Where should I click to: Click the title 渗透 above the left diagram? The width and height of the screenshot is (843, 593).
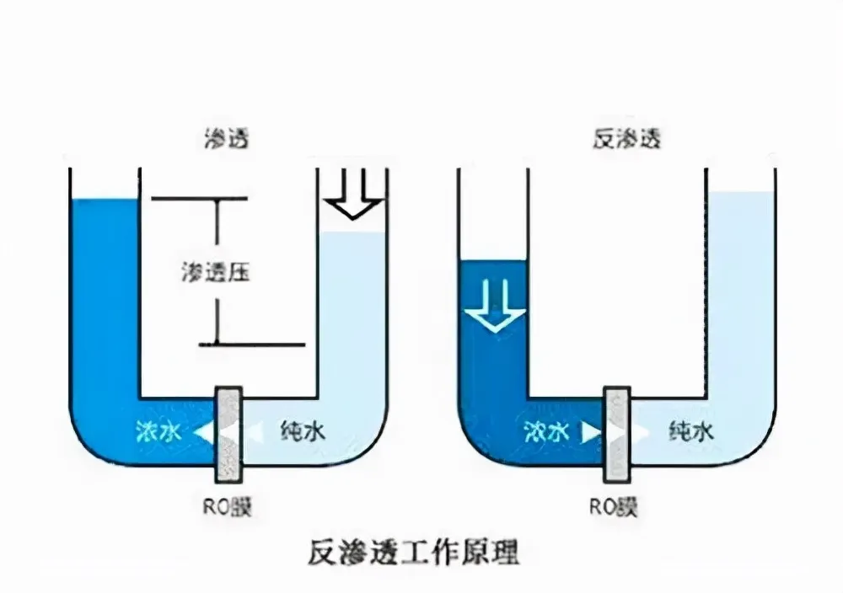227,138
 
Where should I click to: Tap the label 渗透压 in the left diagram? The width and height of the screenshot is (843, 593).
217,272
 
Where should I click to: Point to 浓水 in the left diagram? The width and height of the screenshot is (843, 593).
158,432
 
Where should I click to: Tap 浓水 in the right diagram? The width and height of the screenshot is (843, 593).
545,432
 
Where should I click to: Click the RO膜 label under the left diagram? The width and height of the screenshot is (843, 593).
228,506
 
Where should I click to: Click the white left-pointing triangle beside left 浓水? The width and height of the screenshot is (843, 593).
202,432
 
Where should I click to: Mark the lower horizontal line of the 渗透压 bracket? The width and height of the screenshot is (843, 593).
250,345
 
